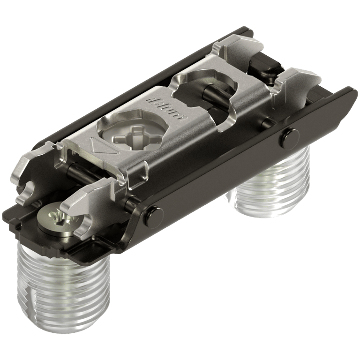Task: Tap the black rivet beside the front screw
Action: [x=151, y=216]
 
